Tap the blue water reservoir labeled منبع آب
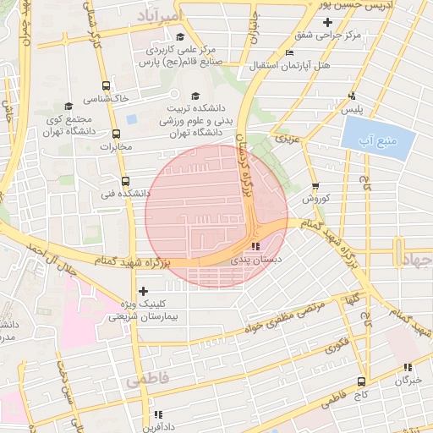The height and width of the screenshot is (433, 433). [x=373, y=136]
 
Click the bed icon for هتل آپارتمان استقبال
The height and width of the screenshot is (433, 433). [x=290, y=52]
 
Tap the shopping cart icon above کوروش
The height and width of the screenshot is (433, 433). [x=315, y=186]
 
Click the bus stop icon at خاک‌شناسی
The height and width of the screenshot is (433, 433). [x=106, y=85]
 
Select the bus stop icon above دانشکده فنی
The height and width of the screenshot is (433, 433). [x=125, y=181]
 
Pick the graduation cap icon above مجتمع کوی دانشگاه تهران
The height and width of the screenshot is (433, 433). [x=69, y=107]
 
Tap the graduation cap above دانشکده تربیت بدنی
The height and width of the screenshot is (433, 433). [x=196, y=96]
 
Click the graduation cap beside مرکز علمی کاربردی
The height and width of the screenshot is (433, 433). [x=180, y=36]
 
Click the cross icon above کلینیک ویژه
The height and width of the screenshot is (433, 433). [x=142, y=291]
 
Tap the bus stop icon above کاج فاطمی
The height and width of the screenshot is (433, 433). [x=361, y=381]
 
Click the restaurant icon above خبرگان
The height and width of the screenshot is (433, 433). [x=407, y=367]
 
